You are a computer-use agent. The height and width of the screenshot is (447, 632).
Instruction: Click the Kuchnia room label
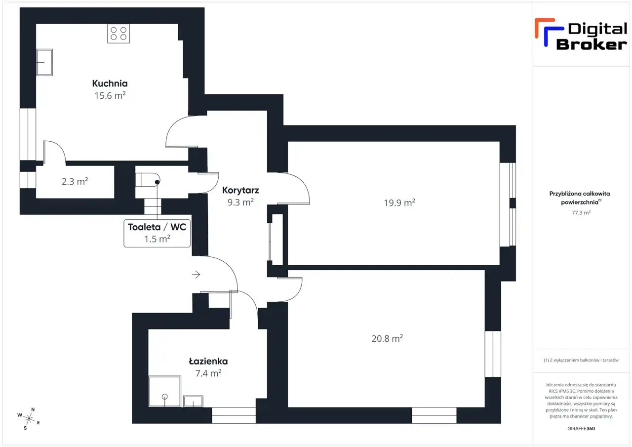click(110, 83)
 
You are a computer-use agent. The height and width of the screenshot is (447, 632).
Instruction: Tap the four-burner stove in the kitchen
click(118, 34)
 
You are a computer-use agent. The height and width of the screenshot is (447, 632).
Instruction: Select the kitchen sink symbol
click(44, 62)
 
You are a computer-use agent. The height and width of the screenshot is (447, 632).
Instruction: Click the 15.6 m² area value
click(110, 95)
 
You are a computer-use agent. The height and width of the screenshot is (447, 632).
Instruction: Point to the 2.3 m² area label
click(75, 181)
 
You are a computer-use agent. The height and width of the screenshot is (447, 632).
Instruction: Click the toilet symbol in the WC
click(148, 180)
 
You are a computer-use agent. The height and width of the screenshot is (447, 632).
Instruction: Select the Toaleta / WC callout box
click(157, 233)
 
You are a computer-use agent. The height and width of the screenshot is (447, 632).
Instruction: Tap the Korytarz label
click(240, 190)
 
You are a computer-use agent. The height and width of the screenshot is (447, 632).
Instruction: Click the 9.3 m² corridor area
click(240, 202)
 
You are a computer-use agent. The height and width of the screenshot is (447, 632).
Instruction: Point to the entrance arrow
click(196, 274)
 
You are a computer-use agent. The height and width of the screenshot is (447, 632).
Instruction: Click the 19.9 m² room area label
click(399, 203)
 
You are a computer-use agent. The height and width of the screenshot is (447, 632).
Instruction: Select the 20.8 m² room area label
click(387, 338)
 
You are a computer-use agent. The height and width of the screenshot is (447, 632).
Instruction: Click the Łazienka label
click(208, 361)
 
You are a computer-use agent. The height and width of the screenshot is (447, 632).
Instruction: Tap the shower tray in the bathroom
click(165, 391)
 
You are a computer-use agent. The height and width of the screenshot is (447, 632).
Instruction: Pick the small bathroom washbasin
click(193, 401)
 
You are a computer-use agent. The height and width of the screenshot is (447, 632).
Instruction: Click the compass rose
click(29, 419)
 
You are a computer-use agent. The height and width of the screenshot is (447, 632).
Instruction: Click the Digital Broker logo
click(581, 35)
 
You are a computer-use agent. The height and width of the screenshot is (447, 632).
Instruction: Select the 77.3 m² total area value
click(581, 213)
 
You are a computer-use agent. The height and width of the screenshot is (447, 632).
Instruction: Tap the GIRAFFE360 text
click(581, 428)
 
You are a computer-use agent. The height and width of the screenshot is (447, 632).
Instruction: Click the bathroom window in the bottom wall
click(234, 415)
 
